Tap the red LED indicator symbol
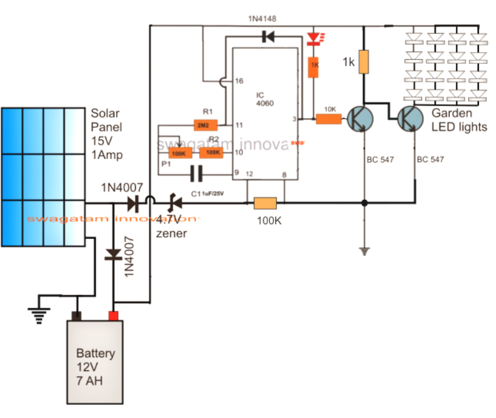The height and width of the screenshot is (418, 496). point(313,40)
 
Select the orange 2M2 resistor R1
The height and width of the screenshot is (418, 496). point(206,125)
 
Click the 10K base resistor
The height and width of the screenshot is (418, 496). point(329,119)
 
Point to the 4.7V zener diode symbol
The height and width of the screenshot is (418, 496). point(174,204)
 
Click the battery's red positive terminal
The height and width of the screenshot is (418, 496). point(114,315)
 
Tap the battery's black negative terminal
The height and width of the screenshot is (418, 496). point(76,315)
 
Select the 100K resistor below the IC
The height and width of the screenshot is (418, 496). point(265,204)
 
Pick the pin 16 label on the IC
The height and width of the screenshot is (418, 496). point(239,81)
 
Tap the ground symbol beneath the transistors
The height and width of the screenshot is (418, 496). point(364,251)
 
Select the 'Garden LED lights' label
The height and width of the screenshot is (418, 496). point(459,120)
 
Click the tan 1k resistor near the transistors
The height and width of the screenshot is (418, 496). point(364,62)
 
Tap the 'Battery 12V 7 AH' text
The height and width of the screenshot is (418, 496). point(95,367)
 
